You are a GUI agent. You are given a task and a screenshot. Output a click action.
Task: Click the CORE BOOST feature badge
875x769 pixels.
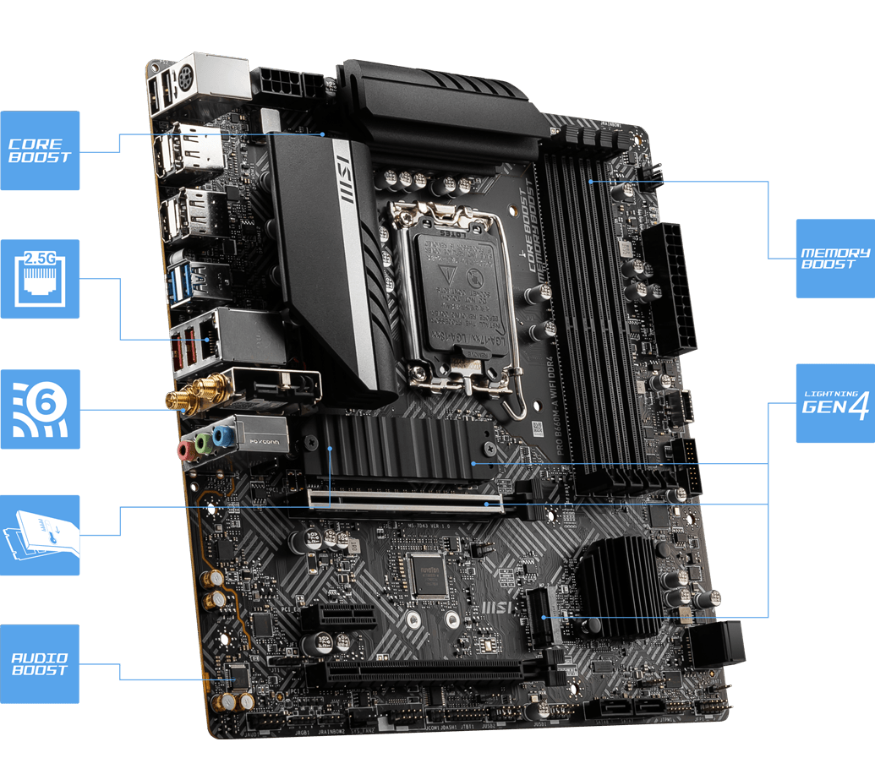tap(40, 150)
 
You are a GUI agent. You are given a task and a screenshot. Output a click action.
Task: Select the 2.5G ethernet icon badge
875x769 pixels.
tap(40, 279)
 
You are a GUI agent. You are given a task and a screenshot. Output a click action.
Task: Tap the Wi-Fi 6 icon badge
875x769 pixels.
tap(40, 409)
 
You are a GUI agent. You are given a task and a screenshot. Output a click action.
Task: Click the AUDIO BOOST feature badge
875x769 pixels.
tap(40, 664)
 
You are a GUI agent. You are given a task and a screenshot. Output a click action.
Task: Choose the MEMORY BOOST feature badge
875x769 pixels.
tap(834, 259)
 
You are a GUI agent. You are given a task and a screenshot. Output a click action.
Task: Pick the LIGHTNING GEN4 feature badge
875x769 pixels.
tap(834, 404)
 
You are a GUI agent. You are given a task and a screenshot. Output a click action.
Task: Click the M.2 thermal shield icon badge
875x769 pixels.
tap(40, 536)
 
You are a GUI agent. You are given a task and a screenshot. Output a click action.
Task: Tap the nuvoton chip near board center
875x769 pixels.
tap(426, 575)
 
